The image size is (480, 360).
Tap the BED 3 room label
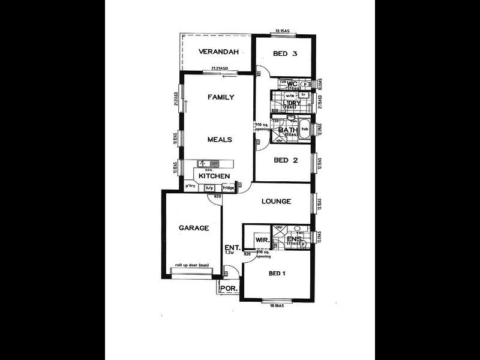tap(285, 53)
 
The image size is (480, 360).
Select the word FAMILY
tap(220, 97)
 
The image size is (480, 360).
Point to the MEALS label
tap(219, 139)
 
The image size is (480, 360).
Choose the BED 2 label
tap(286, 160)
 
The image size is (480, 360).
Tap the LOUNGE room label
tap(276, 202)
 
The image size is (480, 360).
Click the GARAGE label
tap(193, 228)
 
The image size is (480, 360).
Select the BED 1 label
tap(277, 274)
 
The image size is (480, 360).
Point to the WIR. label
tap(262, 241)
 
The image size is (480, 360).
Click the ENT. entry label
tap(232, 247)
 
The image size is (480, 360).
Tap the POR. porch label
tap(229, 289)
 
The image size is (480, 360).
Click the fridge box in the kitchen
tap(229, 188)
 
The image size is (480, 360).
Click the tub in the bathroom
tap(305, 130)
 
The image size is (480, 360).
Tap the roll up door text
tap(191, 265)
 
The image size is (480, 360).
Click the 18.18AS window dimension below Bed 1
tap(277, 306)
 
